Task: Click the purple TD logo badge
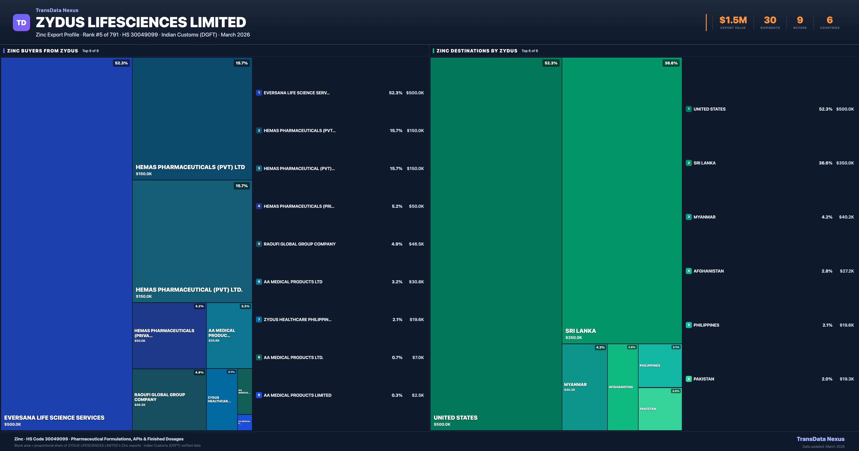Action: tap(21, 23)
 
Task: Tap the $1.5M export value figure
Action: tap(733, 20)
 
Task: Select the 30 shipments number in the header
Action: tap(770, 20)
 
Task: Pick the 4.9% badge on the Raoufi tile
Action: tap(199, 373)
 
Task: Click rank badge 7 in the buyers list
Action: tap(259, 320)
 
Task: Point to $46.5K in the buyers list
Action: tap(416, 244)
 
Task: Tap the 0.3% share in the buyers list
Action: tap(397, 395)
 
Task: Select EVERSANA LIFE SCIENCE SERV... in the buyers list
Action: tap(297, 93)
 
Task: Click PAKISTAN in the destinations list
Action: tap(704, 379)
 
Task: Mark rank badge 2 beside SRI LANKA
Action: tap(689, 163)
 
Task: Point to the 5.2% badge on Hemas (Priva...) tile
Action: tap(199, 306)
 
